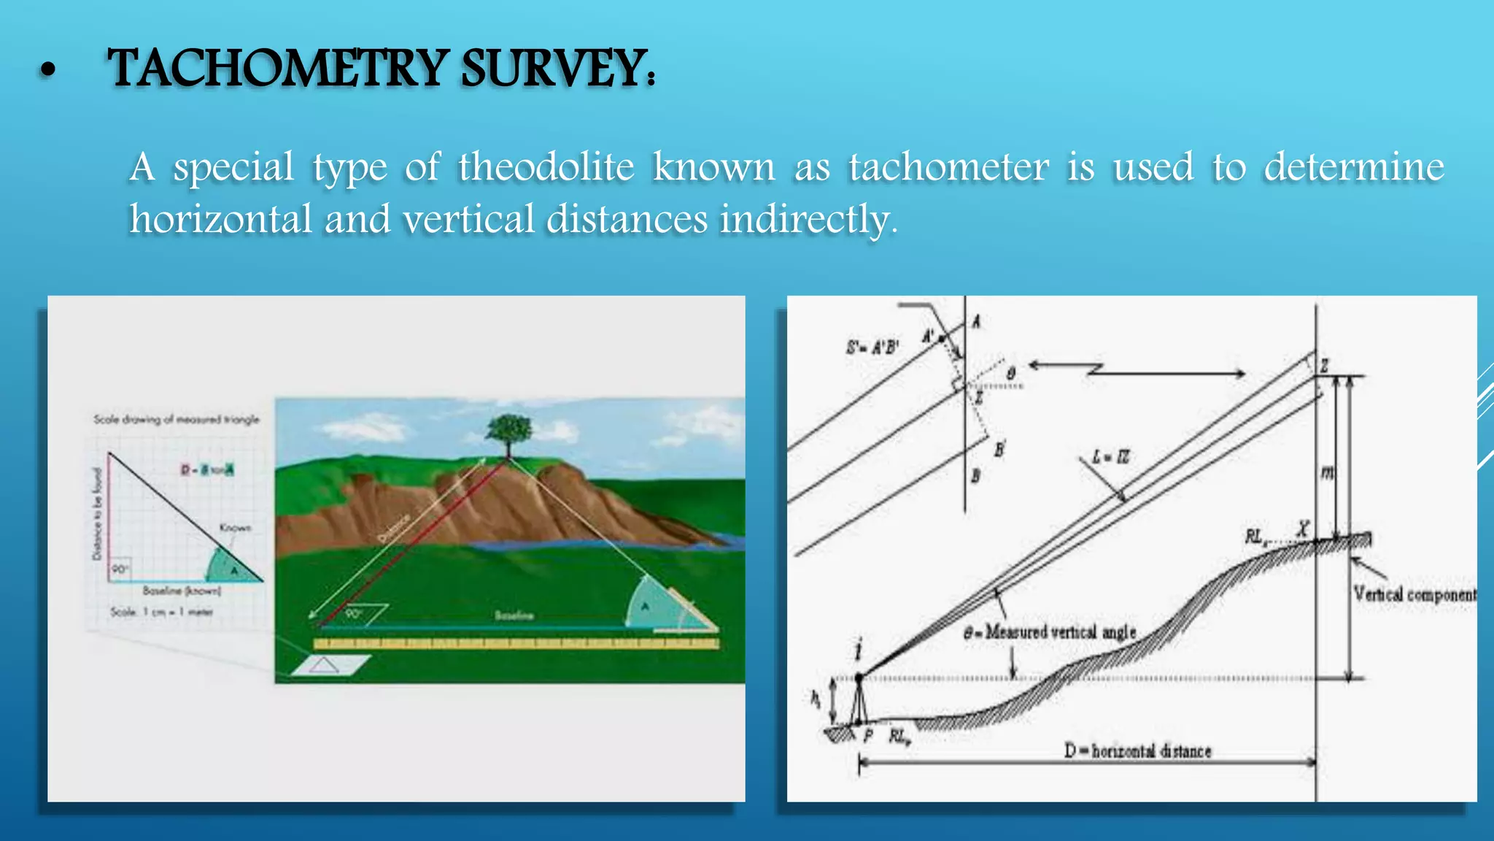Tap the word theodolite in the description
[546, 167]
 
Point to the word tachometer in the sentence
[948, 167]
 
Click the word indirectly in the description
[808, 219]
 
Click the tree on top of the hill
[509, 434]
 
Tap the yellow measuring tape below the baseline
[516, 644]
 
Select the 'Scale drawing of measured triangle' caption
[177, 420]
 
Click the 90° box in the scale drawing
[120, 569]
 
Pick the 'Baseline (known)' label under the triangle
[182, 591]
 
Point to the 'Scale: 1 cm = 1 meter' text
[161, 612]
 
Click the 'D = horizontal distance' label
[1138, 750]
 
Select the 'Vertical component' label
[1414, 594]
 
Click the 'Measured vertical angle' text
[1050, 632]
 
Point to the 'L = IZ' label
[1110, 458]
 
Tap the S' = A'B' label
[873, 347]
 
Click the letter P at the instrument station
[868, 735]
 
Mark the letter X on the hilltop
[1303, 527]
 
